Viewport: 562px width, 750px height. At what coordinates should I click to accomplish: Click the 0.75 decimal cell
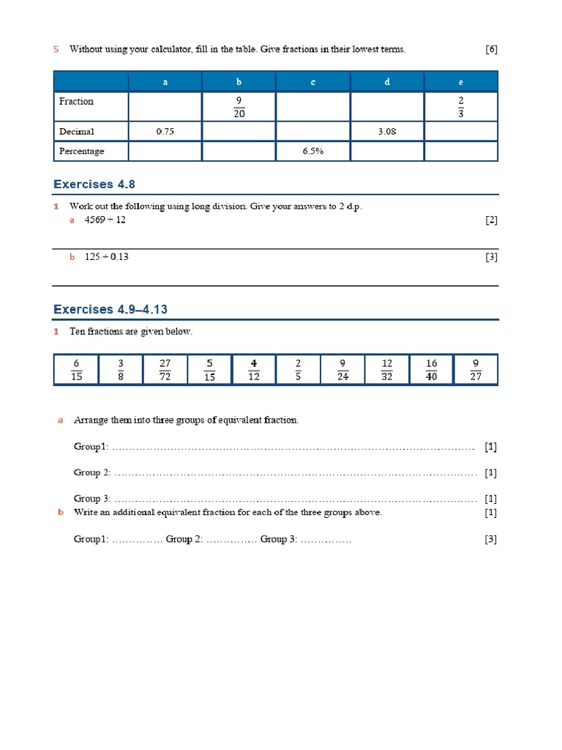(x=165, y=132)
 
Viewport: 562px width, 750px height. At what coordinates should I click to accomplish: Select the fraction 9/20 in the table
(x=239, y=107)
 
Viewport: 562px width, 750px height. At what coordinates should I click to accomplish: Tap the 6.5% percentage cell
(x=313, y=152)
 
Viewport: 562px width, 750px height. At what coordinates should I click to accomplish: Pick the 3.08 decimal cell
(x=388, y=132)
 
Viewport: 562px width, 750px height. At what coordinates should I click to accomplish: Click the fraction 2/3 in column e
(x=461, y=107)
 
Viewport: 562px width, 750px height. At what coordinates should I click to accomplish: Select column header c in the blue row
(x=313, y=82)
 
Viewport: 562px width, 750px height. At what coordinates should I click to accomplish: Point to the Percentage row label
(x=82, y=152)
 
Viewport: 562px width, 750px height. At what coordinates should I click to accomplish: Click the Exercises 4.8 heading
(x=94, y=185)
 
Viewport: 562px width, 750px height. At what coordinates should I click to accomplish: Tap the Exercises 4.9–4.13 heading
(x=116, y=310)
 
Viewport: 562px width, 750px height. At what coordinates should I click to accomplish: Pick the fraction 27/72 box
(x=165, y=370)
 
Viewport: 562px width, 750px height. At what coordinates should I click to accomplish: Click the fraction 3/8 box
(x=121, y=370)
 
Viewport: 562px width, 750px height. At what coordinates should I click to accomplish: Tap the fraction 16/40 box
(x=432, y=370)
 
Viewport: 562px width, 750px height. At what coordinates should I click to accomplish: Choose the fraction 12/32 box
(x=387, y=370)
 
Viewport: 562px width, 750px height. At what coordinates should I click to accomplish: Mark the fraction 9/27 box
(x=476, y=370)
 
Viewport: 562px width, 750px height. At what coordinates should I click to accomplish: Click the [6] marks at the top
(x=491, y=49)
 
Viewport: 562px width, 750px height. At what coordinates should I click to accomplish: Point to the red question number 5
(x=56, y=49)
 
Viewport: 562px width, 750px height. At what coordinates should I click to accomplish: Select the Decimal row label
(x=78, y=132)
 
